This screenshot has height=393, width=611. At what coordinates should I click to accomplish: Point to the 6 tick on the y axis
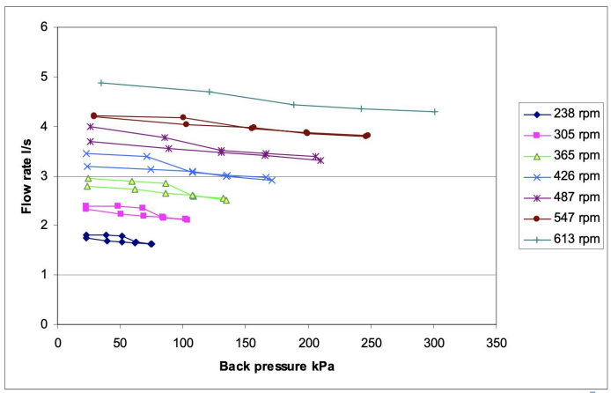(x=43, y=27)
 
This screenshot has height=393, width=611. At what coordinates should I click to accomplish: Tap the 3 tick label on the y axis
(x=43, y=176)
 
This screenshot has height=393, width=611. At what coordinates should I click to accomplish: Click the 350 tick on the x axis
(x=497, y=340)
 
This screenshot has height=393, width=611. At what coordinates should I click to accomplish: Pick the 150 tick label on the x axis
(x=246, y=340)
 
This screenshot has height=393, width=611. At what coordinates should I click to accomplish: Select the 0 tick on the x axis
(x=58, y=340)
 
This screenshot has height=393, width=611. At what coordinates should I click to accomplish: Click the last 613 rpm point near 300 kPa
(x=435, y=112)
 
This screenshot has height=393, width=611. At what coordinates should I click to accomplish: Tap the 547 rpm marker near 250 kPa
(x=367, y=135)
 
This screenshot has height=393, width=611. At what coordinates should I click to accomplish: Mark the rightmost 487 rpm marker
(x=320, y=160)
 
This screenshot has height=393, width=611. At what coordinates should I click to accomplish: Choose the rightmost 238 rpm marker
(x=151, y=244)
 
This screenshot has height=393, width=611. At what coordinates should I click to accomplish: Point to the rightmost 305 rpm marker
(x=187, y=219)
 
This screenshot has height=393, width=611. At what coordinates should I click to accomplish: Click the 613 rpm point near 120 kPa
(x=210, y=92)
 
